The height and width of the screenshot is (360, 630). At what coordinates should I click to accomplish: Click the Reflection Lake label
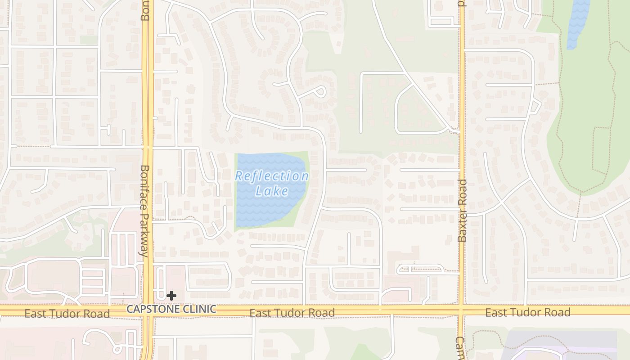coord(272,184)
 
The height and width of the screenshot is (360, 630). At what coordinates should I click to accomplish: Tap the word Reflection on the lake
coord(272,176)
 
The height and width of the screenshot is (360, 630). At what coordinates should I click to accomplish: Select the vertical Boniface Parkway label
coord(144,211)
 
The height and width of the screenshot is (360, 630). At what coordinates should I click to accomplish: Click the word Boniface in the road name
coord(144,186)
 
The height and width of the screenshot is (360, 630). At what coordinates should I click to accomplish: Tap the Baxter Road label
coord(462,211)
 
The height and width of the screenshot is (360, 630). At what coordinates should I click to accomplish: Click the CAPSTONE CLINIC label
coord(171,309)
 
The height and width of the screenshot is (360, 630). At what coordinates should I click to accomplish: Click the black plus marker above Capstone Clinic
coord(171,296)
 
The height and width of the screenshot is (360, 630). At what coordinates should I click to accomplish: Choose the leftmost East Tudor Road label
coord(67,314)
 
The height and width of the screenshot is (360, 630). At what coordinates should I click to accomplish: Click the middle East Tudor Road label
coord(292,313)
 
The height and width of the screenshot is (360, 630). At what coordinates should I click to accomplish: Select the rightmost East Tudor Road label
coord(528,312)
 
